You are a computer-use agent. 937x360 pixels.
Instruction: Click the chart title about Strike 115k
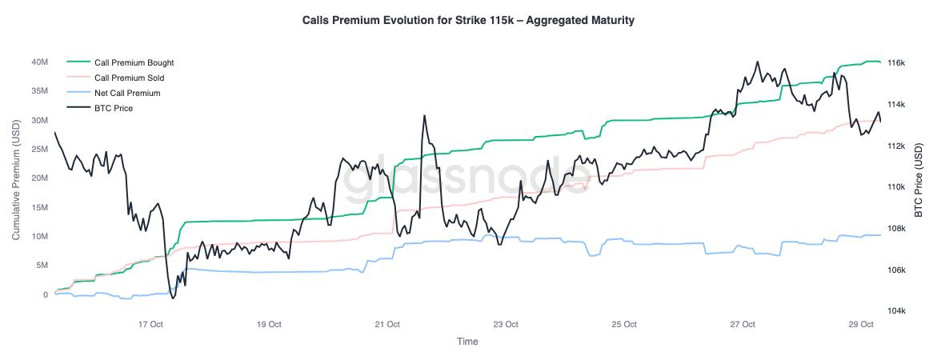pyautogui.click(x=468, y=20)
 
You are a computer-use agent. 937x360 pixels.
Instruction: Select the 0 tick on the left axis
pyautogui.click(x=46, y=294)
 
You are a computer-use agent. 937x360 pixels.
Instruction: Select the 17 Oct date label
pyautogui.click(x=150, y=324)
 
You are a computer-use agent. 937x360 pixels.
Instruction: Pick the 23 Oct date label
pyautogui.click(x=506, y=324)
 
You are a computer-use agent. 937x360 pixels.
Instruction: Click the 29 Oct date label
pyautogui.click(x=861, y=324)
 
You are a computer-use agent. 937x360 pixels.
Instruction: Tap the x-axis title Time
pyautogui.click(x=467, y=342)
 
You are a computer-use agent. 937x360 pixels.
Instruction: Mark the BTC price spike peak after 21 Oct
pyautogui.click(x=425, y=115)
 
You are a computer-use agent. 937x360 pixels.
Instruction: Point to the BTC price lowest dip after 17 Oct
pyautogui.click(x=173, y=298)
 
